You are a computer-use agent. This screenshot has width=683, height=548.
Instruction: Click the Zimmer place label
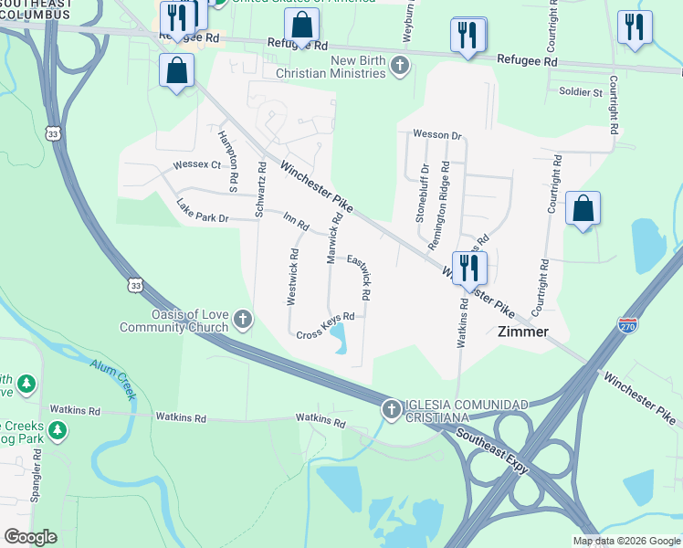522,332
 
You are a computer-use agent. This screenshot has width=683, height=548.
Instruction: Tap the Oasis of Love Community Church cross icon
243,320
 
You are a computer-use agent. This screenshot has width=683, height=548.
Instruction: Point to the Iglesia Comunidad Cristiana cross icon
391,408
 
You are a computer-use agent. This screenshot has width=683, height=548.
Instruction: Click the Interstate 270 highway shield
627,325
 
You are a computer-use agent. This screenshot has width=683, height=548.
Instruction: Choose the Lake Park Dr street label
202,212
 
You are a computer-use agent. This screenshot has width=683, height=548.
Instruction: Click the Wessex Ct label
197,165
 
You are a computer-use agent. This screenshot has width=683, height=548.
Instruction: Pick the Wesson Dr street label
437,134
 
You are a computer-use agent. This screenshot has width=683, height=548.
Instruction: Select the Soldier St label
574,92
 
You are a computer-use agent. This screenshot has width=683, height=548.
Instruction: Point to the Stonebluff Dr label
422,194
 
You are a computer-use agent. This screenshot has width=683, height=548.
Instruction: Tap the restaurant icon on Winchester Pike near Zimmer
470,268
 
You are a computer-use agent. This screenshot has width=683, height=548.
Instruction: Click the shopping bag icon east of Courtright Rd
583,209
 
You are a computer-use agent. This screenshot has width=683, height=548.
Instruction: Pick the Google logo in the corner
30,537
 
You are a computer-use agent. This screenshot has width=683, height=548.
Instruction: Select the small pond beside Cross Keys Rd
340,339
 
